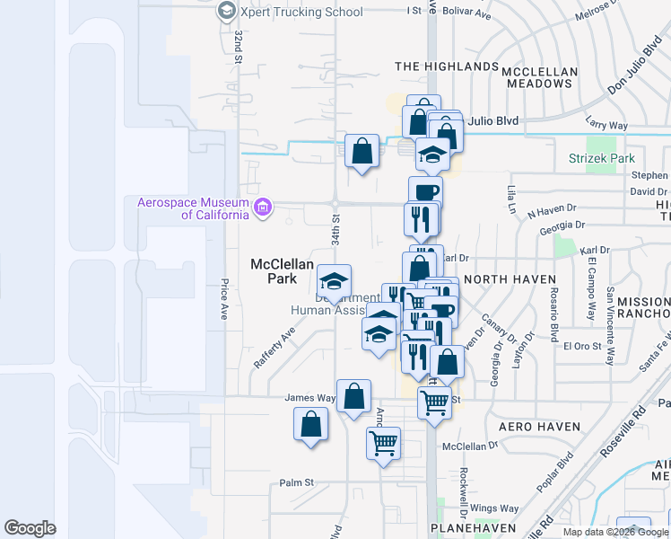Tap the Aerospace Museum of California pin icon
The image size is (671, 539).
(262, 208)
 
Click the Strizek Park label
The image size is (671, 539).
(601, 159)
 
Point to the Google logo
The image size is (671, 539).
(30, 527)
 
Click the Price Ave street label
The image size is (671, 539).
(223, 300)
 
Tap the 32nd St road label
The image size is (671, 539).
(239, 48)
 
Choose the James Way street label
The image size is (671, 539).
(309, 398)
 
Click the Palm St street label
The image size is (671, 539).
(295, 482)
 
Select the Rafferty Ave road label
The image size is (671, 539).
(274, 348)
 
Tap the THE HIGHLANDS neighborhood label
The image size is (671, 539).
(447, 66)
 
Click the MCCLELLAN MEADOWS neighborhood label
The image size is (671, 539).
(537, 77)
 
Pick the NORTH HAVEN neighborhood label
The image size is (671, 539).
(510, 279)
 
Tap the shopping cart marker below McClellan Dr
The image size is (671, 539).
(383, 443)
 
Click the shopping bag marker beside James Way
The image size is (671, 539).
(354, 395)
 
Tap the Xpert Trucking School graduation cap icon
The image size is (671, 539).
(226, 12)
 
